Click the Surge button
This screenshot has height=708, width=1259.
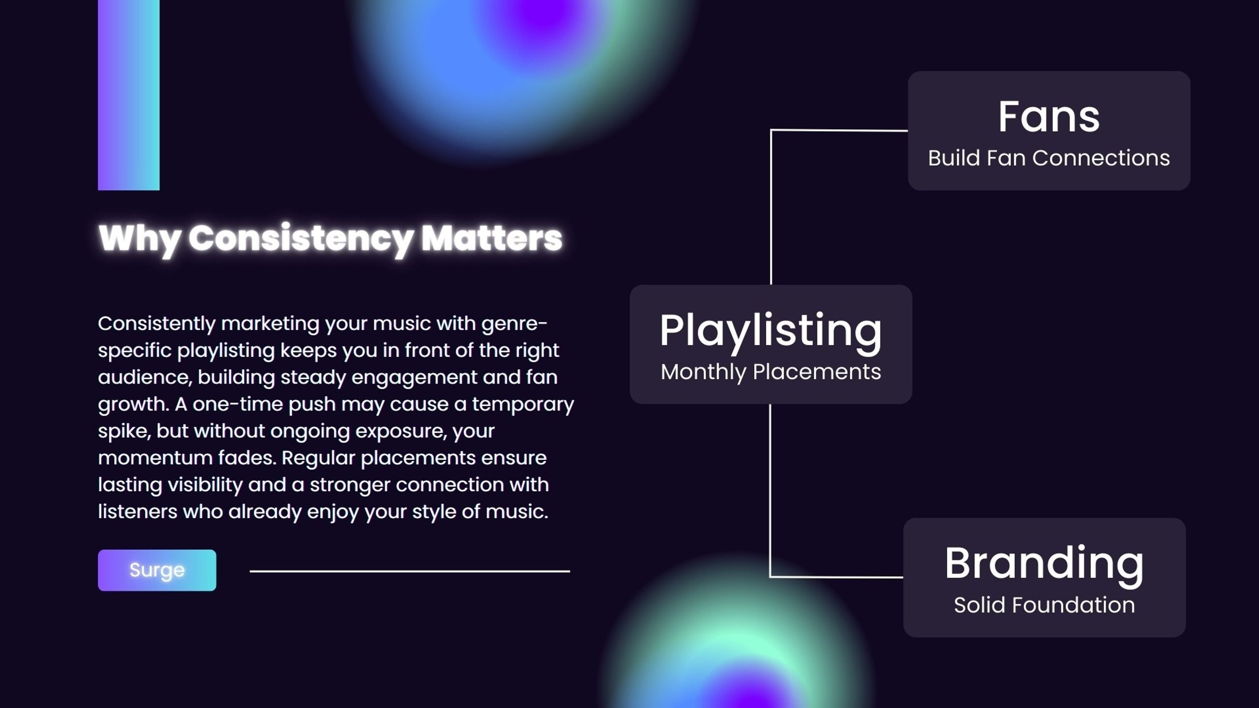pos(157,570)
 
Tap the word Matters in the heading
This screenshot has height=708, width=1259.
pos(491,238)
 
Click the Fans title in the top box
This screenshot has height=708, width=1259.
pos(1049,117)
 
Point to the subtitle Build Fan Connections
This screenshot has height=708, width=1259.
pos(1049,158)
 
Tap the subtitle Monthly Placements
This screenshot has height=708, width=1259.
pos(771,372)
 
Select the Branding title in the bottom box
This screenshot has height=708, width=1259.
pos(1044,564)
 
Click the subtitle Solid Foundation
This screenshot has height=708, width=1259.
pos(1044,605)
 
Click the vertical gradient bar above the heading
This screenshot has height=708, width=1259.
pos(129,95)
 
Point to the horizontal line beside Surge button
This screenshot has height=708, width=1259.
pos(410,571)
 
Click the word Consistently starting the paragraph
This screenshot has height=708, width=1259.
pos(157,324)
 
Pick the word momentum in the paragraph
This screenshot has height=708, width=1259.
pos(155,458)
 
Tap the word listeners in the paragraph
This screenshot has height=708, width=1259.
pos(138,511)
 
